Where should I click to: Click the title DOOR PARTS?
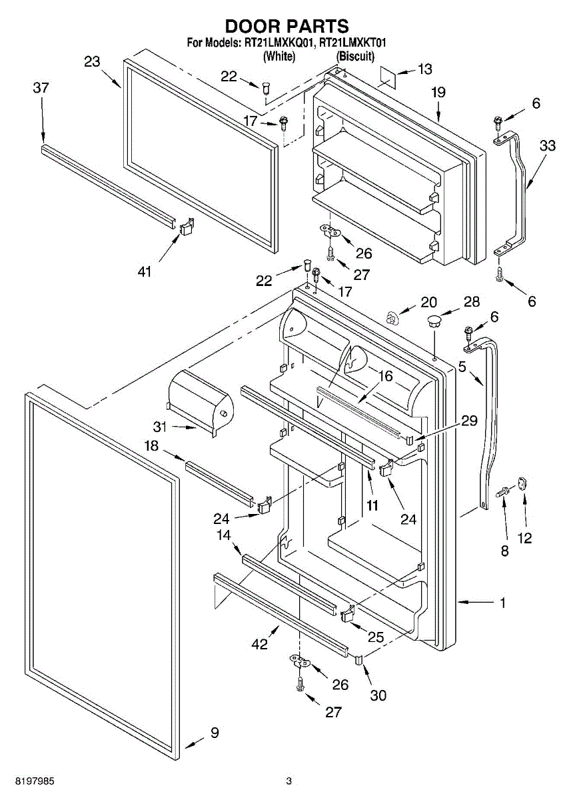pyautogui.click(x=287, y=26)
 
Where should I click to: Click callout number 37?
pyautogui.click(x=41, y=87)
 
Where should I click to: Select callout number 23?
pyautogui.click(x=92, y=62)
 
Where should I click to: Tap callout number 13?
pyautogui.click(x=424, y=69)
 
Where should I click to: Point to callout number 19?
pyautogui.click(x=438, y=93)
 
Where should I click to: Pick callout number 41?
pyautogui.click(x=145, y=271)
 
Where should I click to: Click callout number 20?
pyautogui.click(x=428, y=301)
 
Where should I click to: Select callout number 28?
pyautogui.click(x=472, y=301)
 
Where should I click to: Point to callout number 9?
pyautogui.click(x=215, y=733)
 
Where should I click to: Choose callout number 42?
pyautogui.click(x=259, y=644)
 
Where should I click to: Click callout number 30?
pyautogui.click(x=378, y=695)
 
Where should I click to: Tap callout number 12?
pyautogui.click(x=525, y=538)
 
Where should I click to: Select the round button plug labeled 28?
pyautogui.click(x=434, y=321)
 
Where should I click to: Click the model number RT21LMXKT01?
pyautogui.click(x=353, y=43)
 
